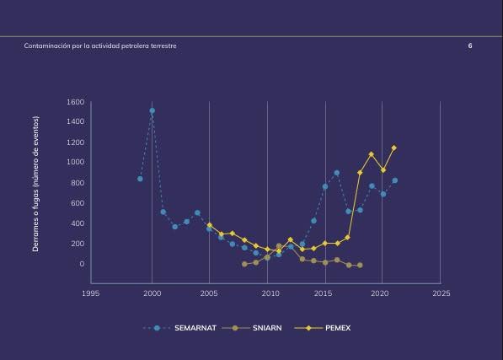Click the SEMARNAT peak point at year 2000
152,110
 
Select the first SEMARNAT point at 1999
140,179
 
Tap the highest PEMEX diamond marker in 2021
394,148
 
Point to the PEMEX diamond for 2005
210,225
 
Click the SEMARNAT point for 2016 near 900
336,173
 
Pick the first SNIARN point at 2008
244,264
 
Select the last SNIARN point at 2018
360,266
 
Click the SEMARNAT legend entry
179,328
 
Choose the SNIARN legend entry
252,328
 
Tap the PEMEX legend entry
323,328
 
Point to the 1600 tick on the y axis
75,102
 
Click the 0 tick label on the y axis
82,264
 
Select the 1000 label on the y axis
75,162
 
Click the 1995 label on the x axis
90,293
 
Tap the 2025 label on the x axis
441,293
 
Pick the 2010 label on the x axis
270,293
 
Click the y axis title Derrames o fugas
35,184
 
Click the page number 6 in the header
470,46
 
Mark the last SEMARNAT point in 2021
394,180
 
